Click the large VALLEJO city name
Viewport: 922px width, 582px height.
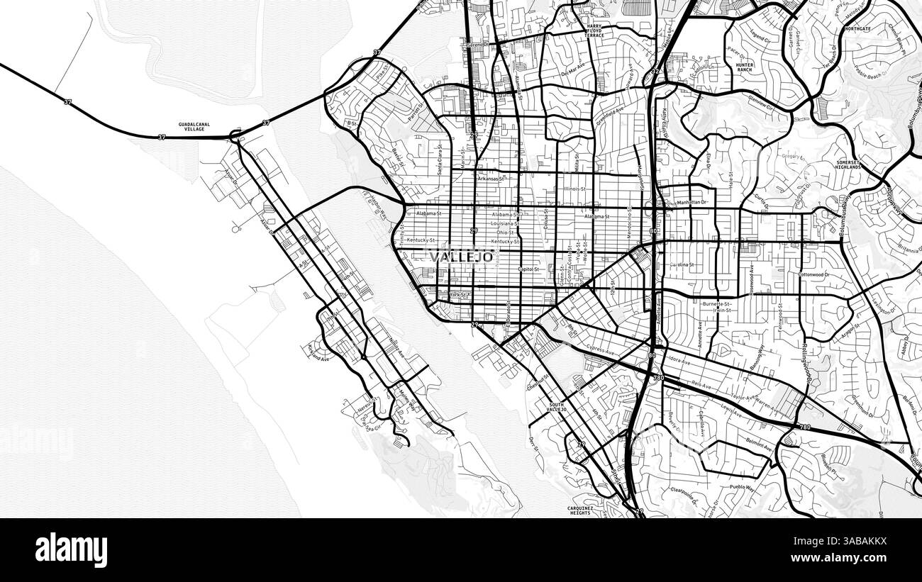pyautogui.click(x=461, y=257)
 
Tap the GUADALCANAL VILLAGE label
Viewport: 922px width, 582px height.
pyautogui.click(x=194, y=125)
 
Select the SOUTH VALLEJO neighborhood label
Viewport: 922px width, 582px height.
pyautogui.click(x=557, y=407)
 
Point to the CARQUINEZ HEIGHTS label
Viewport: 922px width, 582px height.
pyautogui.click(x=579, y=510)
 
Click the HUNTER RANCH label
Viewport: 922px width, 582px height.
pyautogui.click(x=744, y=67)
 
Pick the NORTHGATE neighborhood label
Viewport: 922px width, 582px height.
pyautogui.click(x=858, y=29)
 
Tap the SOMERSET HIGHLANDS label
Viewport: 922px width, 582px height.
pyautogui.click(x=848, y=164)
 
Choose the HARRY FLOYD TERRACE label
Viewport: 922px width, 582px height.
pyautogui.click(x=594, y=30)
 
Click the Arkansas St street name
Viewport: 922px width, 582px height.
pyautogui.click(x=490, y=179)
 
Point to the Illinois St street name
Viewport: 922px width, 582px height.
pyautogui.click(x=574, y=189)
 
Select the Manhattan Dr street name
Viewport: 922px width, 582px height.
pyautogui.click(x=692, y=203)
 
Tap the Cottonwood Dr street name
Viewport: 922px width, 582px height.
pyautogui.click(x=813, y=274)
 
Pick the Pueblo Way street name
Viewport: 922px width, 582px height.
pyautogui.click(x=742, y=488)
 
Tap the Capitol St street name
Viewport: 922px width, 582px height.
pyautogui.click(x=528, y=269)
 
